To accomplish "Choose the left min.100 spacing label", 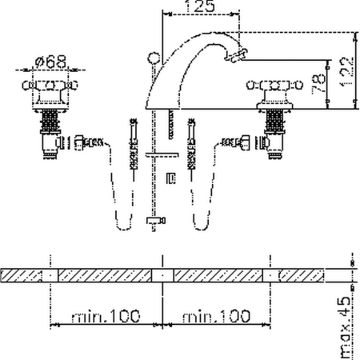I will (x=106, y=317).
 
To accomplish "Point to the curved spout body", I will (x=180, y=76).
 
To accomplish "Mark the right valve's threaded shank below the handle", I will (x=271, y=124).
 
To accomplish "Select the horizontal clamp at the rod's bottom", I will (x=154, y=220).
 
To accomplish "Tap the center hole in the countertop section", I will (x=162, y=274).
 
